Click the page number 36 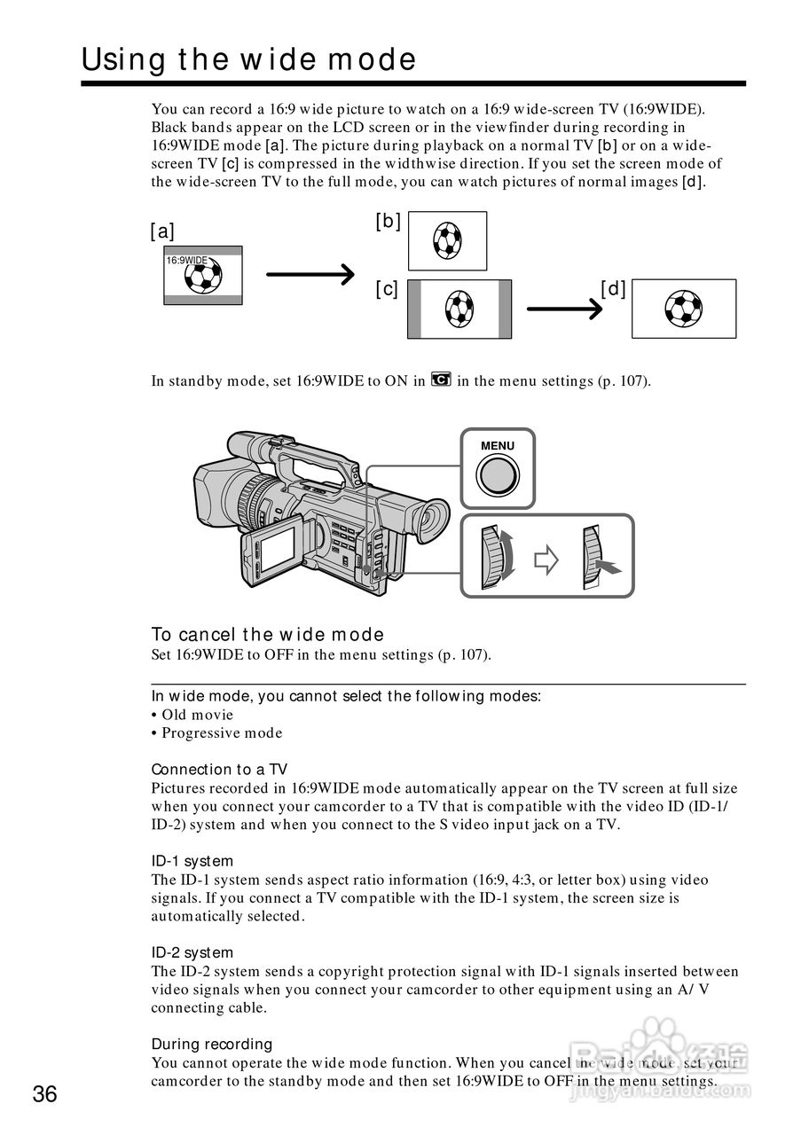click(44, 1093)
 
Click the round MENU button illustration click(497, 476)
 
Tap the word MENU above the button click(497, 446)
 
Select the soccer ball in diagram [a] click(202, 278)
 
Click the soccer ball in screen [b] click(447, 239)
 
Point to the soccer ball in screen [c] click(459, 309)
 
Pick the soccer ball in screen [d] click(683, 309)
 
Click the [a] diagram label click(162, 231)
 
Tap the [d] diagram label click(613, 288)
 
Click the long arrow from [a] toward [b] click(310, 275)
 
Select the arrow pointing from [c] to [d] click(565, 309)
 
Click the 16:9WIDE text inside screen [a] click(186, 261)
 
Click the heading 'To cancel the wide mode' click(267, 634)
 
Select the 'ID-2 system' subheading click(192, 952)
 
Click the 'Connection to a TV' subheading click(219, 769)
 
